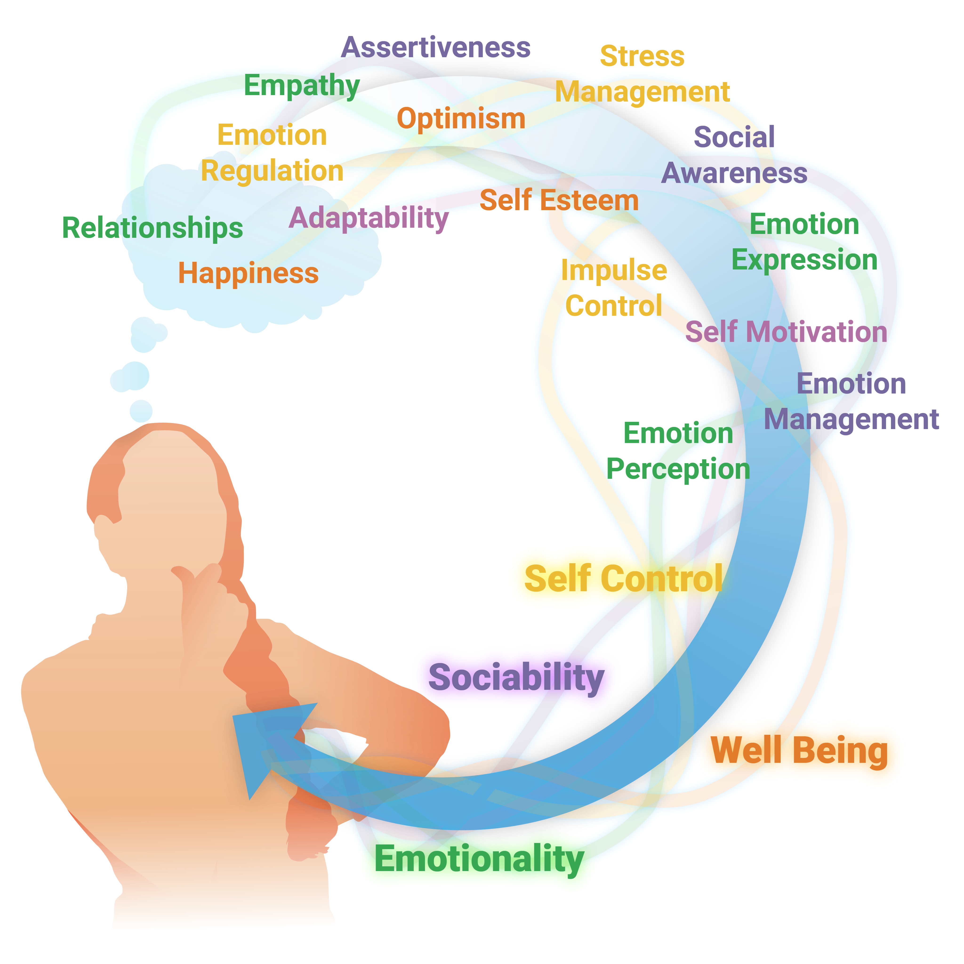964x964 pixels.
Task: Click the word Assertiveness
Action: (437, 47)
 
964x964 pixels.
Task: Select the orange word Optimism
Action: (461, 119)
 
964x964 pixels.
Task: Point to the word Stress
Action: (642, 56)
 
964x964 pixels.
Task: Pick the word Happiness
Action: (249, 273)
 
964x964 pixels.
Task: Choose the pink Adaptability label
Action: (368, 219)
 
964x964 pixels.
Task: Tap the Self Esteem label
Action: (559, 201)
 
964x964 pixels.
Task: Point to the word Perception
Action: (678, 469)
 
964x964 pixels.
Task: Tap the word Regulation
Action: (272, 171)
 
